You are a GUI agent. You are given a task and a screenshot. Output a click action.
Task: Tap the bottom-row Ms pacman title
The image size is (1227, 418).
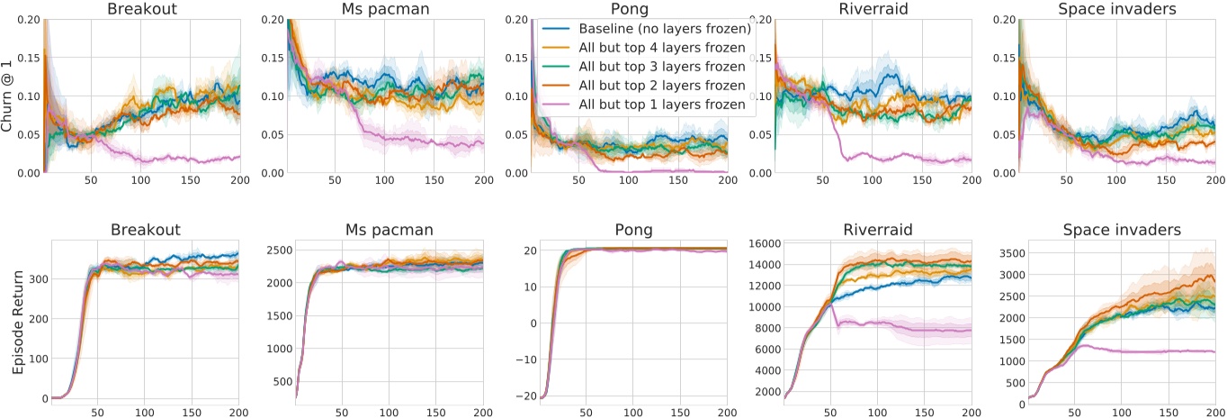click(x=388, y=230)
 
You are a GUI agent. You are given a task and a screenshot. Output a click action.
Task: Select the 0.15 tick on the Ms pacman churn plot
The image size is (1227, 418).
click(x=271, y=57)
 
